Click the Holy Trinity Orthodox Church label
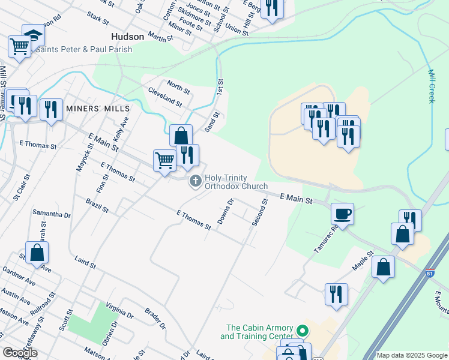(236, 182)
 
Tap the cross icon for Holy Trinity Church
(196, 181)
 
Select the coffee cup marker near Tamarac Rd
(342, 214)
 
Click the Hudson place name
(127, 37)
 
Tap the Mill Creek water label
(431, 86)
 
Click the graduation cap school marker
(33, 35)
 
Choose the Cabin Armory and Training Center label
(259, 332)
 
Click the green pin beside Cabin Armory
(303, 331)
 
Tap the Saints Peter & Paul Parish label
(84, 49)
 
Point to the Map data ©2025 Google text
(412, 355)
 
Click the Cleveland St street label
(164, 97)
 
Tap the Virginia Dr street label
(119, 310)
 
